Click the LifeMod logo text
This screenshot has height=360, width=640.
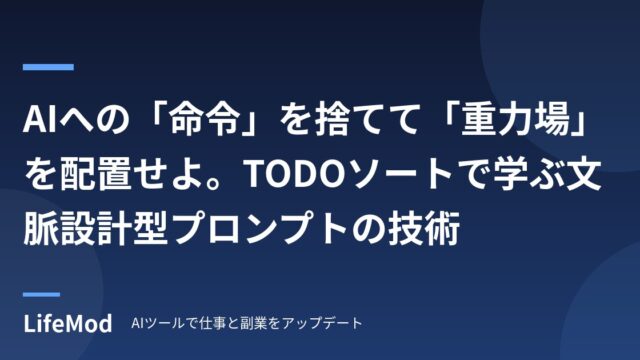point(68,324)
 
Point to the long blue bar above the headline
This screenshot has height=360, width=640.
point(48,67)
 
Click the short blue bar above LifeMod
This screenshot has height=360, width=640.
point(41,294)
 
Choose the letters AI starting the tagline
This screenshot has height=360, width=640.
point(136,323)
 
